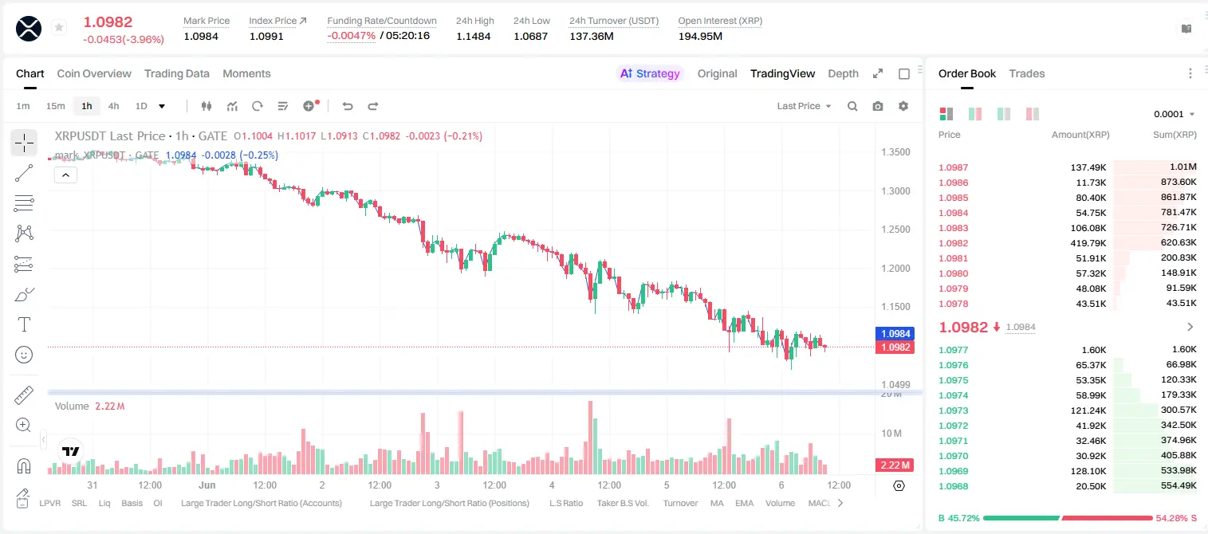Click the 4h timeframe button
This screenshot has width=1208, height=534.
pos(113,106)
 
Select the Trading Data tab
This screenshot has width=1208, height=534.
pos(177,73)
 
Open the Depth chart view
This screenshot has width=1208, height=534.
pos(843,73)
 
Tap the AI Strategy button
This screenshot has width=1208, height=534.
pos(650,73)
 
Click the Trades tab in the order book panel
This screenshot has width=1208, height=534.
pos(1027,73)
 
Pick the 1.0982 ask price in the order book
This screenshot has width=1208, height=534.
pos(953,243)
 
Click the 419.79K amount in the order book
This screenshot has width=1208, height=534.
pos(1088,243)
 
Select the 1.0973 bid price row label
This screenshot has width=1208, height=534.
pos(953,410)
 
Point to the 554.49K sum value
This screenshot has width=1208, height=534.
pos(1178,485)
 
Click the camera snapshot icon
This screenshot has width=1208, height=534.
pos(878,106)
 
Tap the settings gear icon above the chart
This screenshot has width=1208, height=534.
pos(903,106)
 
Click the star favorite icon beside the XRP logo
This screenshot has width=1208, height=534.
pos(59,27)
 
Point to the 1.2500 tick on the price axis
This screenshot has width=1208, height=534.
pos(895,229)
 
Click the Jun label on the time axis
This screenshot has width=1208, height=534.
pos(207,485)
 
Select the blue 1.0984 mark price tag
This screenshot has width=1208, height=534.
pos(895,333)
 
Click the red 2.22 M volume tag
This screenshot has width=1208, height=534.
pos(895,465)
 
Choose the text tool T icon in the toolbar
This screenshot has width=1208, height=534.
pos(24,324)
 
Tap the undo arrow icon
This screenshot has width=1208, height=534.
pos(348,106)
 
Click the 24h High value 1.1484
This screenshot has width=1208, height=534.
pos(473,36)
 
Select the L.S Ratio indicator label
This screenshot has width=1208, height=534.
pos(565,503)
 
